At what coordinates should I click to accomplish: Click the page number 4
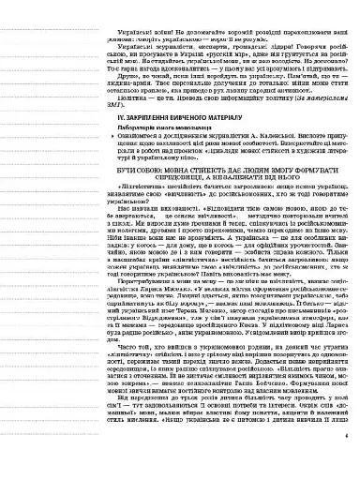(x=346, y=460)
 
